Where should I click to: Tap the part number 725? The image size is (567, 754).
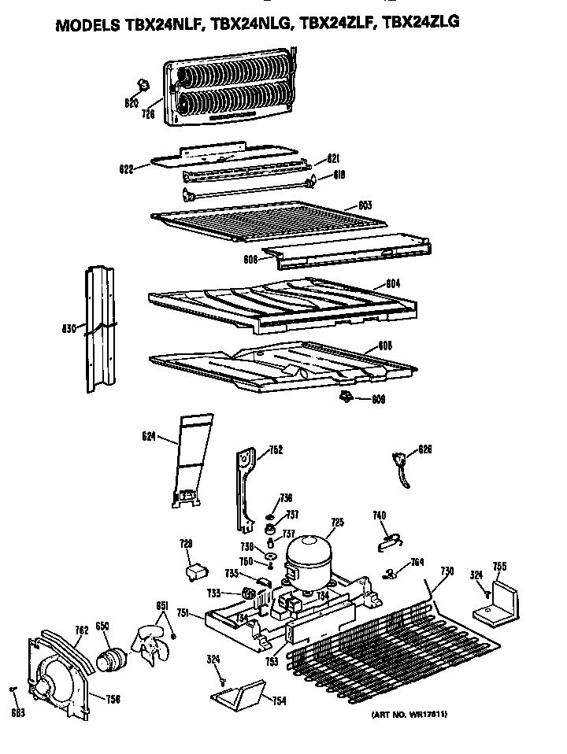pyautogui.click(x=337, y=522)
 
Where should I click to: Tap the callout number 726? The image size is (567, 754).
pyautogui.click(x=147, y=115)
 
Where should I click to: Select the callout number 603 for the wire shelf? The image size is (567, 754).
pyautogui.click(x=365, y=205)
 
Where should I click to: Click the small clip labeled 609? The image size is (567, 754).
pyautogui.click(x=344, y=397)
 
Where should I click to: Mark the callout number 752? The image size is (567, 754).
pyautogui.click(x=276, y=450)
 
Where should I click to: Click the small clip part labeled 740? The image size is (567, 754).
pyautogui.click(x=387, y=538)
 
